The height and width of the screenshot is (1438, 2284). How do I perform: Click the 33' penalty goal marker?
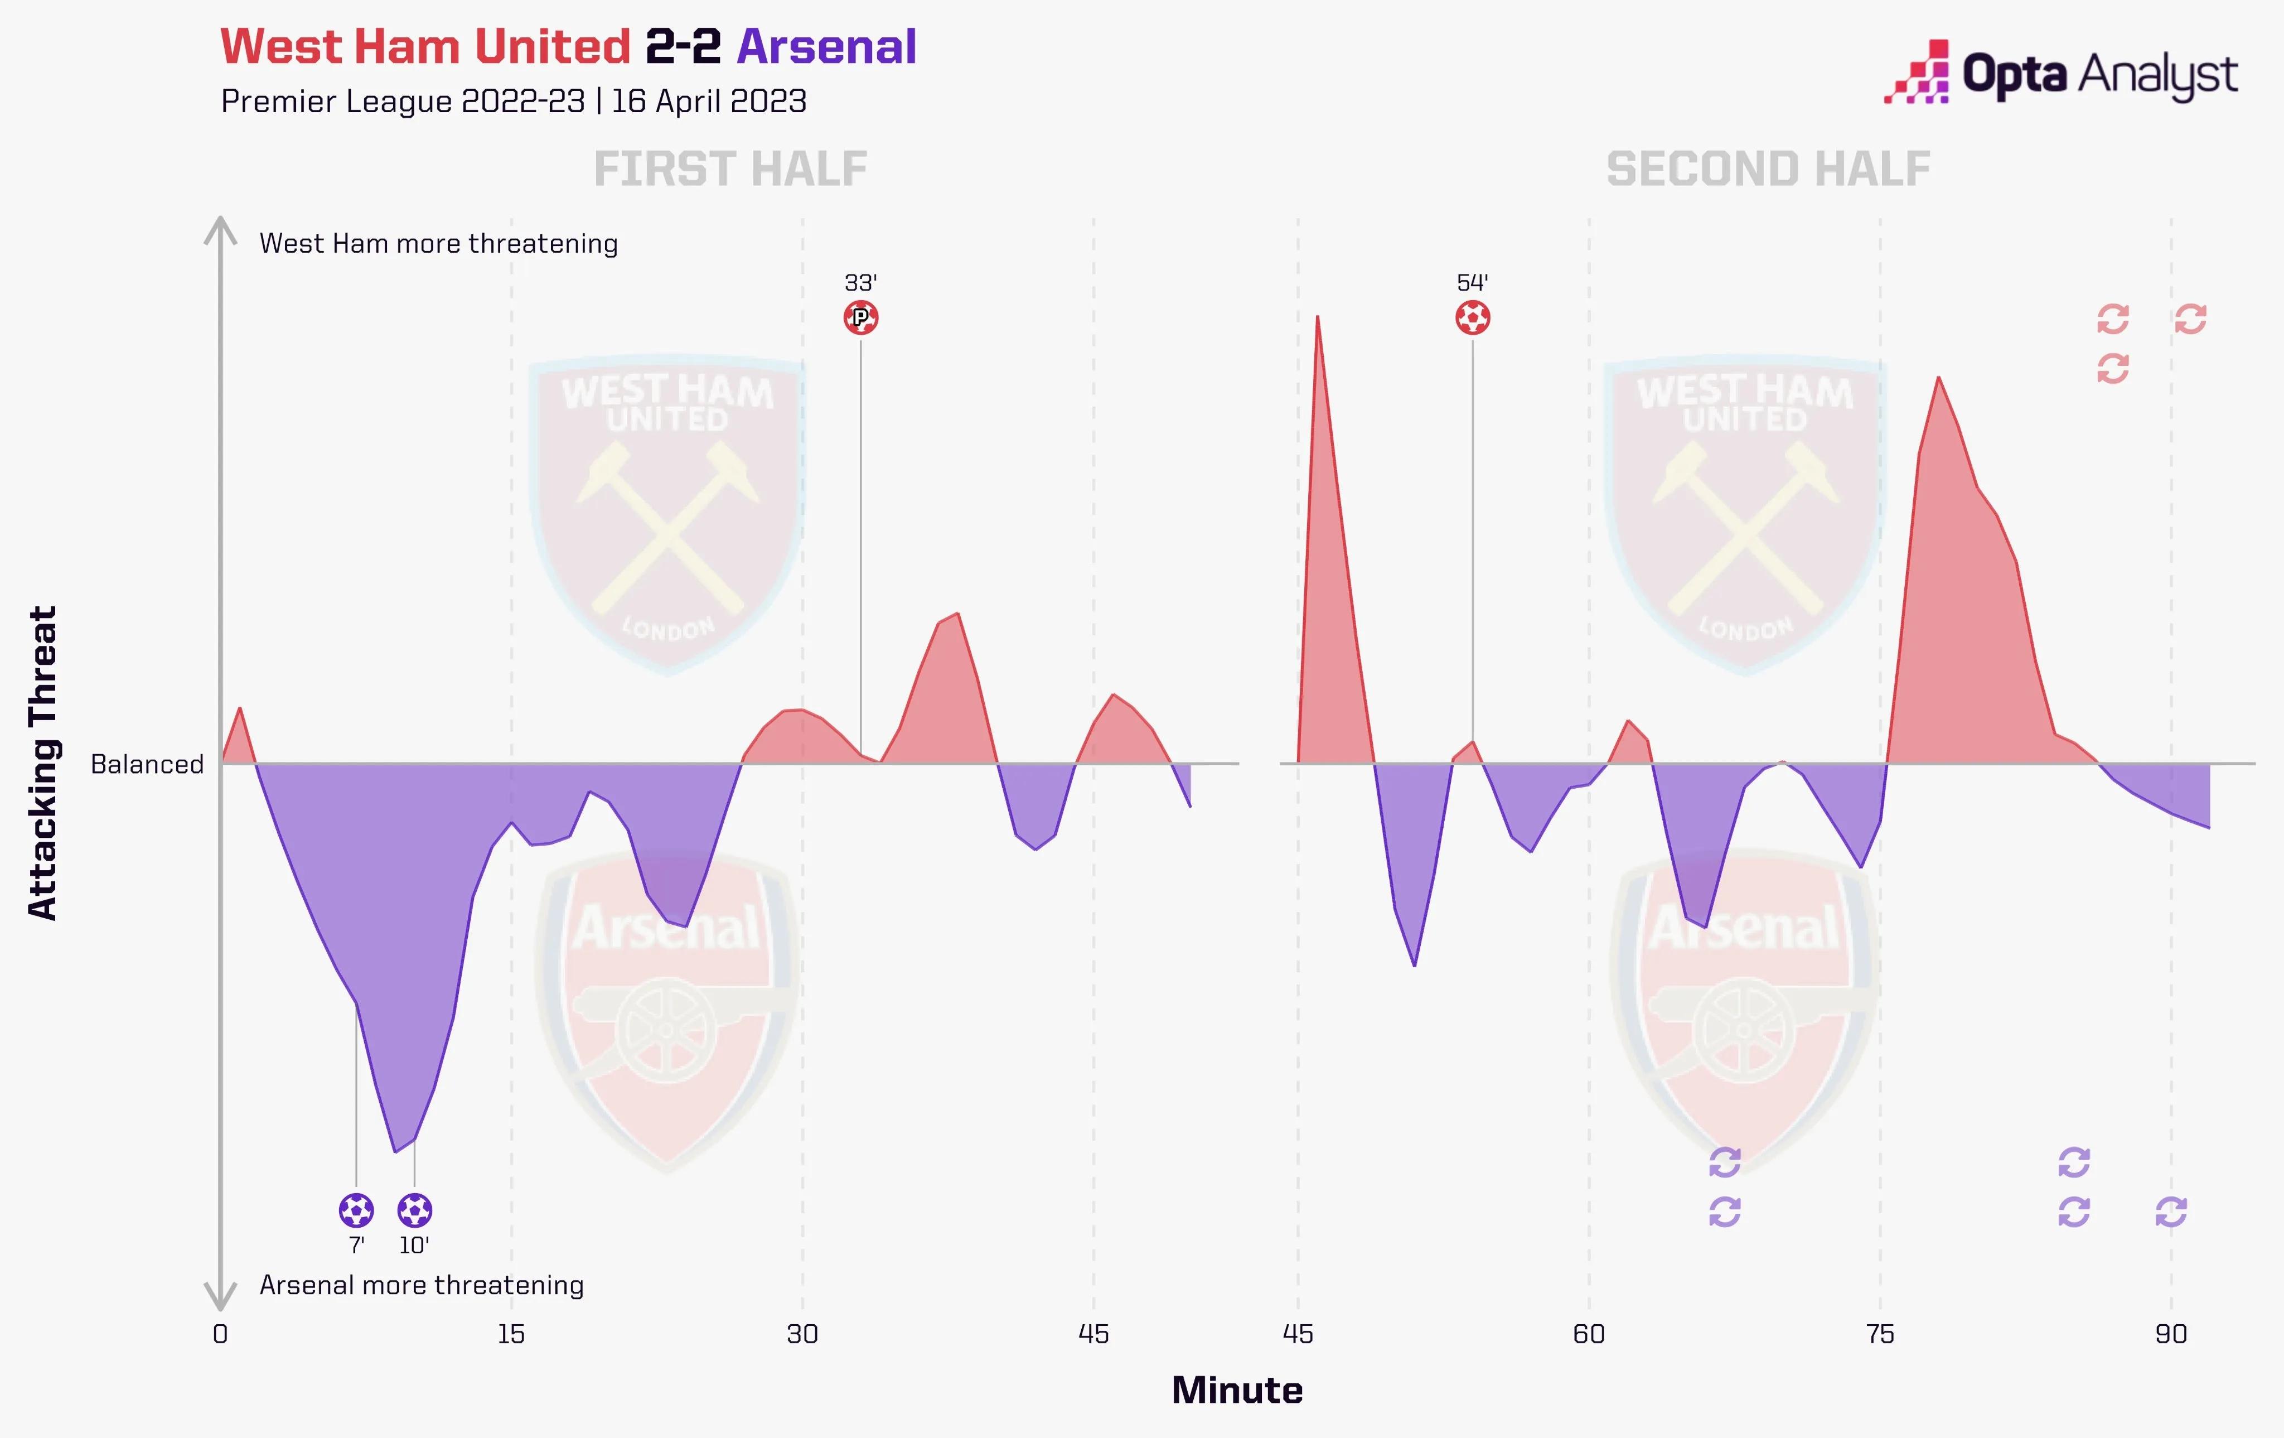(x=860, y=318)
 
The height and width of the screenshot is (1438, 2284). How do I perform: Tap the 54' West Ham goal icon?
(x=1472, y=318)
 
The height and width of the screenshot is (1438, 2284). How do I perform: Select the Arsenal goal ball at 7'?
(x=357, y=1210)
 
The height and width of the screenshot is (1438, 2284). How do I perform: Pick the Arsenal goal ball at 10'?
(x=414, y=1210)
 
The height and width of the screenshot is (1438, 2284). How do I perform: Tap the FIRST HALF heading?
(x=730, y=170)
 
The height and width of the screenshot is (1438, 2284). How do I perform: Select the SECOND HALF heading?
(x=1768, y=170)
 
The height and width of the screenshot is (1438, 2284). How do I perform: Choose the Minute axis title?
(x=1237, y=1391)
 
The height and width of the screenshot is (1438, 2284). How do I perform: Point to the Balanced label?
(x=147, y=765)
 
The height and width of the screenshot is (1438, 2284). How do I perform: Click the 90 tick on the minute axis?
(x=2170, y=1335)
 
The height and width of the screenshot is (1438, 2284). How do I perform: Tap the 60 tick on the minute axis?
(x=1589, y=1335)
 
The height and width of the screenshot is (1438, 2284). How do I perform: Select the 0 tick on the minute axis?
(x=220, y=1335)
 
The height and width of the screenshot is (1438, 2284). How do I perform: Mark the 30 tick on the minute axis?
(x=802, y=1335)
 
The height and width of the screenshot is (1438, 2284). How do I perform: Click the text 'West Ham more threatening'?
(x=438, y=244)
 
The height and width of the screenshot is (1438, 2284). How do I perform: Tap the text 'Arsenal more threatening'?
(x=421, y=1285)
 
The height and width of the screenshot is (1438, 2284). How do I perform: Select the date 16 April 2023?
(x=709, y=102)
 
